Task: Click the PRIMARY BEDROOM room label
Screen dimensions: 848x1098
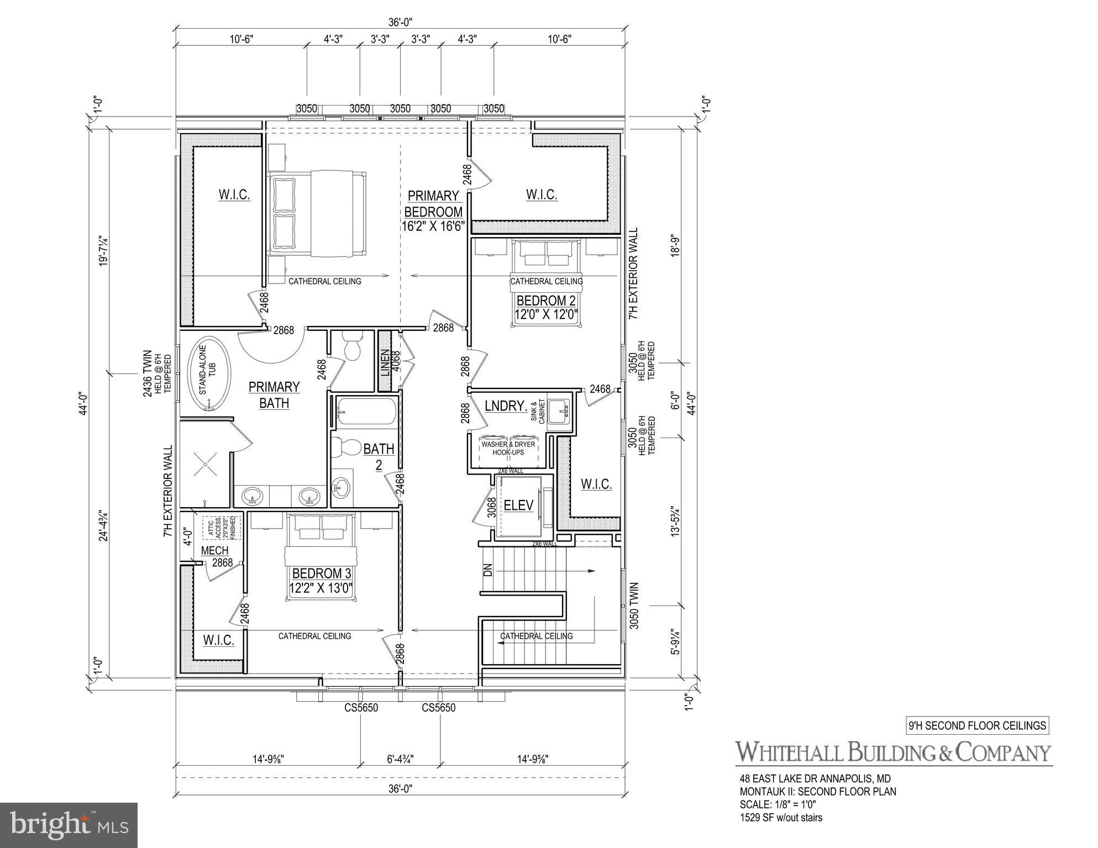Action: click(x=433, y=204)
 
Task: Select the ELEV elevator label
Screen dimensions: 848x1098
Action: click(x=518, y=505)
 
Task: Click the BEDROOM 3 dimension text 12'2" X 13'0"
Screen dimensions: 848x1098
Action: click(x=321, y=587)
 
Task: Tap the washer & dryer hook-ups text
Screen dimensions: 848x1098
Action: click(x=508, y=448)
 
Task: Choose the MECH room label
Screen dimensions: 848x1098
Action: click(x=214, y=550)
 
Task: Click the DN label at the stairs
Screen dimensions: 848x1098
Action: click(x=487, y=571)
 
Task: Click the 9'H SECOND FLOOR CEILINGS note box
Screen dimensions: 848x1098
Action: click(x=978, y=725)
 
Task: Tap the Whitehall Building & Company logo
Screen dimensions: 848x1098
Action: click(x=893, y=752)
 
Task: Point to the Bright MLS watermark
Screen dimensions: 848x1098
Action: click(x=69, y=825)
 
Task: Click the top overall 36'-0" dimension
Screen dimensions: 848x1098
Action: click(x=401, y=22)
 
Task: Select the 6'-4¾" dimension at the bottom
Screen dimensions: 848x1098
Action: click(x=401, y=759)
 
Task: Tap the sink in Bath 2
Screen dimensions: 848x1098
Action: click(x=341, y=487)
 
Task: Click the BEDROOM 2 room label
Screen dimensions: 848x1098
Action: click(x=546, y=301)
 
